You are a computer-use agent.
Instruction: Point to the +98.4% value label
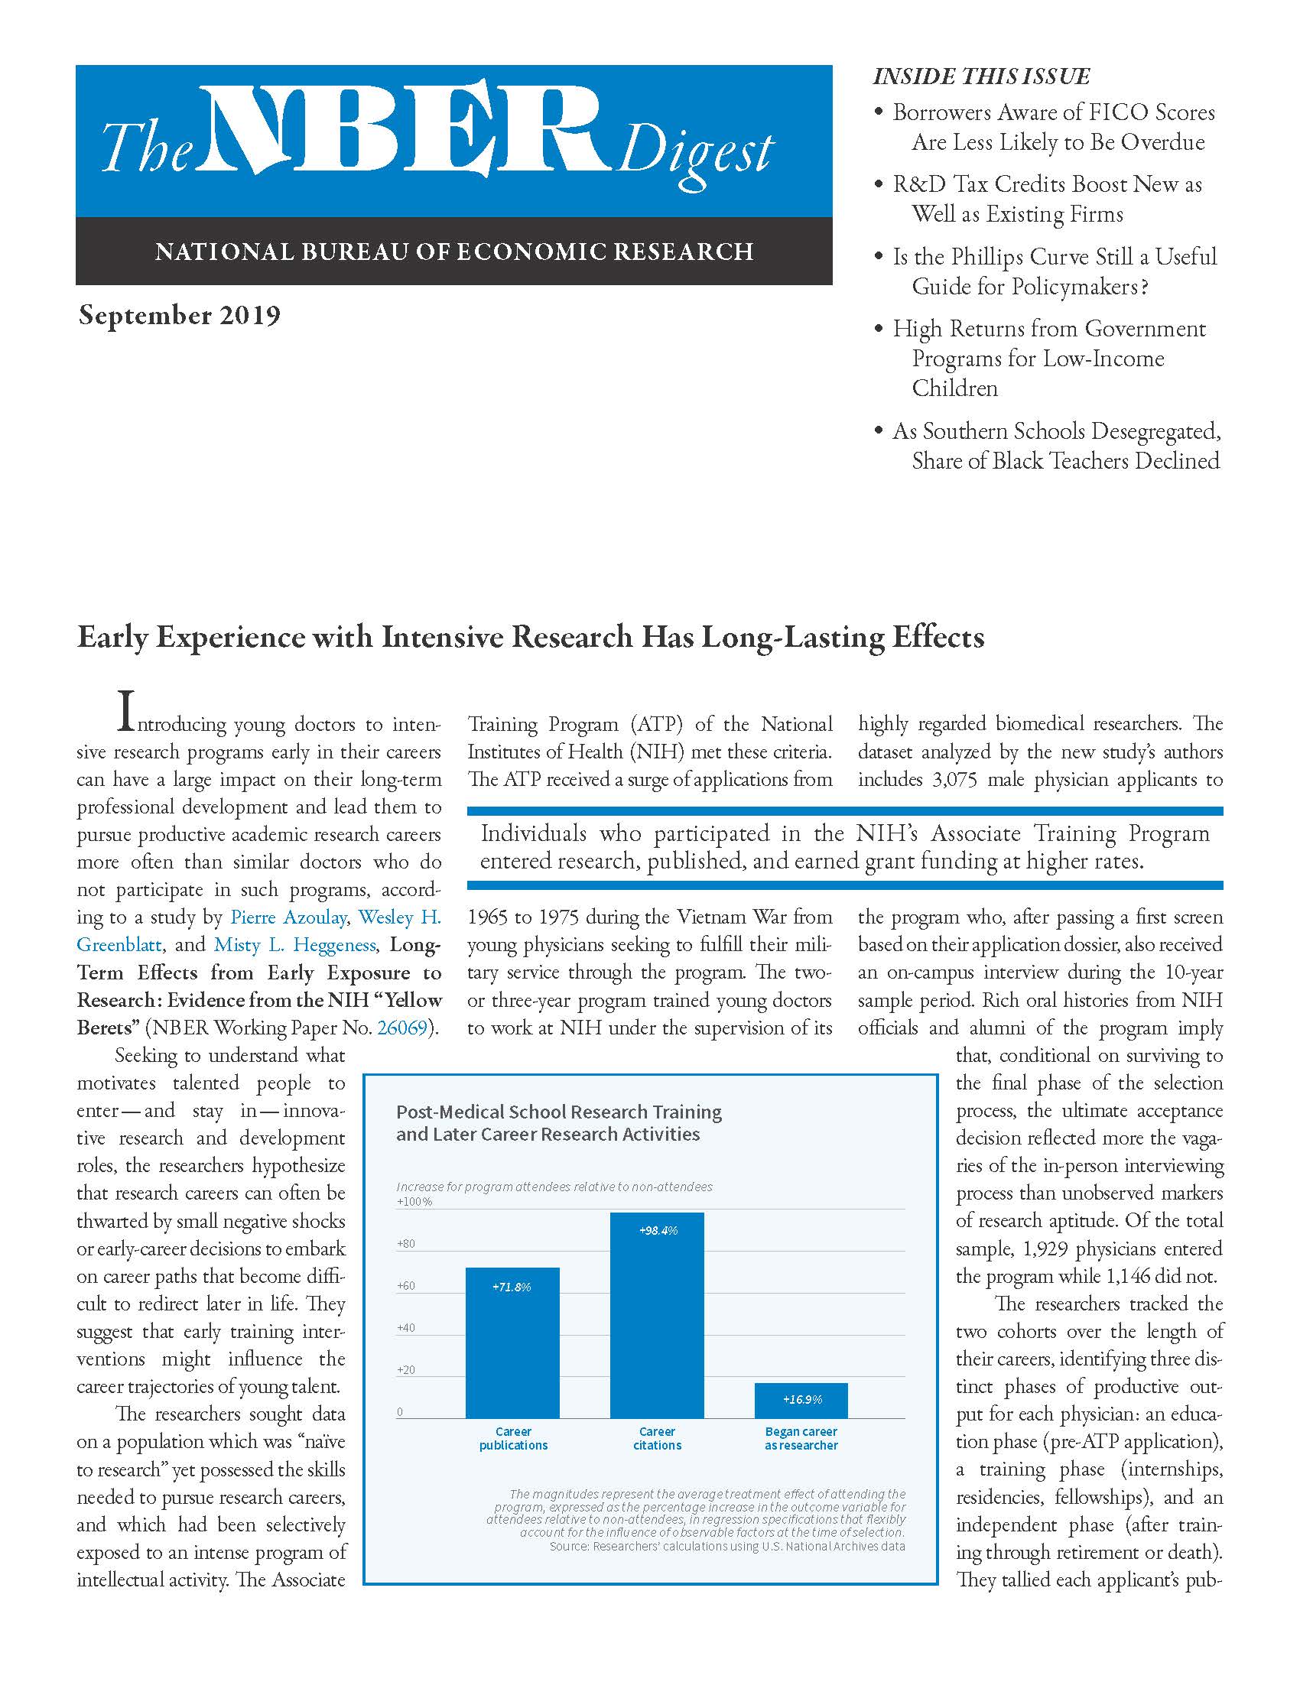tap(658, 1231)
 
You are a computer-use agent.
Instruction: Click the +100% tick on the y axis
tap(414, 1201)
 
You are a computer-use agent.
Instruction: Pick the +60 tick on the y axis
tap(406, 1286)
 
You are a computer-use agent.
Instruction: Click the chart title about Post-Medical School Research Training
tap(558, 1123)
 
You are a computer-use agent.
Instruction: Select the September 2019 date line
tap(180, 316)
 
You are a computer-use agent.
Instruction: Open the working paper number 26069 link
tap(401, 1028)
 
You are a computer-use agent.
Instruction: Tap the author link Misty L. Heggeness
tap(295, 945)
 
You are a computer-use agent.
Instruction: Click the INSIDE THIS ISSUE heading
tap(981, 76)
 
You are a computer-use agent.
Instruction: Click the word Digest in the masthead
tap(694, 152)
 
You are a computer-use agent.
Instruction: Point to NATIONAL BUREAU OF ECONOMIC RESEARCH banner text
tap(453, 252)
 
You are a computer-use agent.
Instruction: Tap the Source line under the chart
tap(727, 1547)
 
